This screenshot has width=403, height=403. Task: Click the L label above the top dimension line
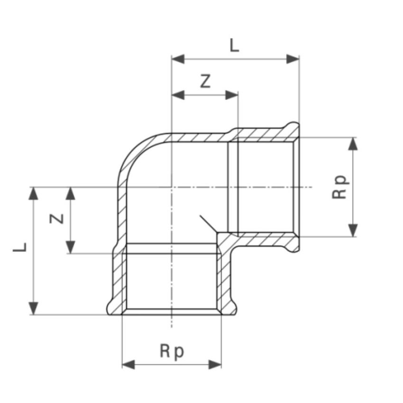[234, 46]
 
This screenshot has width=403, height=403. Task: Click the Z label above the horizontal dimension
[205, 81]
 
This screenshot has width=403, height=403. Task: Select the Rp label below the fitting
[172, 351]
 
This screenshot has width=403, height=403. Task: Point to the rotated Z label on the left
[57, 219]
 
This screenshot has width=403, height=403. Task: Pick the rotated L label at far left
[20, 247]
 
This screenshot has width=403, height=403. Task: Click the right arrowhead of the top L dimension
[293, 59]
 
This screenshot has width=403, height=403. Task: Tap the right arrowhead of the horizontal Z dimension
[231, 95]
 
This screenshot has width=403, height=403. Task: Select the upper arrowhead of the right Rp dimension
[353, 144]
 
